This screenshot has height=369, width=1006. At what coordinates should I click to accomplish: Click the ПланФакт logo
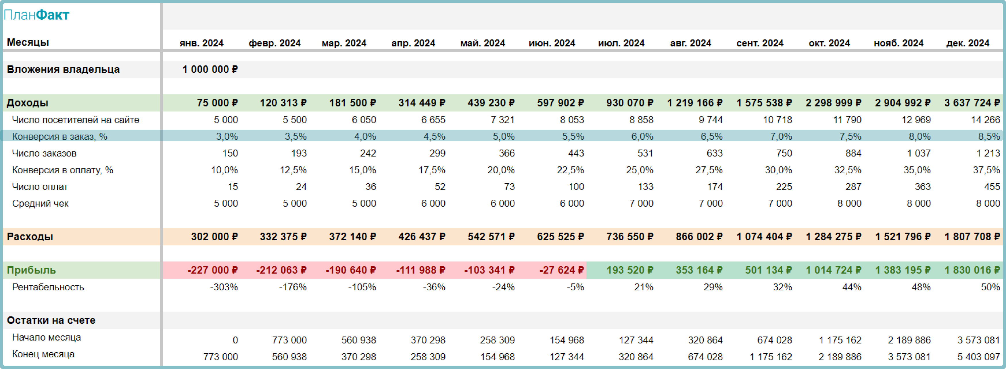(x=36, y=15)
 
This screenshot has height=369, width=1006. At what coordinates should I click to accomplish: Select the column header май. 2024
(x=482, y=43)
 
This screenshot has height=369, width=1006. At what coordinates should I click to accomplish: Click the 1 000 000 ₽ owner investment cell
(x=210, y=69)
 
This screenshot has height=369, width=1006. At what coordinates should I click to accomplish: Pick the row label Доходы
(x=28, y=103)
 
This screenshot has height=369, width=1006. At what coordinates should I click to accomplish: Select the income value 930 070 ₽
(x=629, y=103)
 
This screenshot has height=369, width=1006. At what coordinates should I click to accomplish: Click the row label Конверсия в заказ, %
(x=59, y=137)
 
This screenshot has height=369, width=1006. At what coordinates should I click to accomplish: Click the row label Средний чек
(x=40, y=204)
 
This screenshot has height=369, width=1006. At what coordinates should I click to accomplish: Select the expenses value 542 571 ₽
(x=491, y=237)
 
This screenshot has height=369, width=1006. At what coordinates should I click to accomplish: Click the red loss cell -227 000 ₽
(x=212, y=270)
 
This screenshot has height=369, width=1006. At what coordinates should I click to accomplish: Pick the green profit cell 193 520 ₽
(x=629, y=270)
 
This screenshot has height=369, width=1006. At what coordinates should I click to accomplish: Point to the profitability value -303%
(x=224, y=287)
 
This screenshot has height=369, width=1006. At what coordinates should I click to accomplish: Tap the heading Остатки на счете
(x=51, y=320)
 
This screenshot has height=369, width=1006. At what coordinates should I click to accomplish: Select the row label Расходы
(x=30, y=237)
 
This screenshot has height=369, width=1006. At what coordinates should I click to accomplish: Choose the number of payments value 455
(x=992, y=187)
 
